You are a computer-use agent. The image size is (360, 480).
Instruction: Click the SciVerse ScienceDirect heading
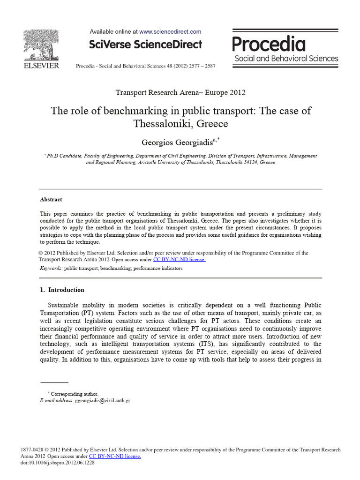coord(146,45)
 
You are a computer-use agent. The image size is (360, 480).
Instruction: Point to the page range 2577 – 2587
coord(200,66)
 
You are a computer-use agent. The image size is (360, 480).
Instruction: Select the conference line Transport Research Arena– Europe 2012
coord(180,92)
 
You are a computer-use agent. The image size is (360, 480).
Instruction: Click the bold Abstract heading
coord(51,199)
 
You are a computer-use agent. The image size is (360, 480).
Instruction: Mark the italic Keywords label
coord(51,269)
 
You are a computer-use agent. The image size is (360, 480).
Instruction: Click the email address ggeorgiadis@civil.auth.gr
coord(103,401)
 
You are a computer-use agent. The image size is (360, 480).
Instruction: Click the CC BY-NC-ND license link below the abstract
coord(180,259)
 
